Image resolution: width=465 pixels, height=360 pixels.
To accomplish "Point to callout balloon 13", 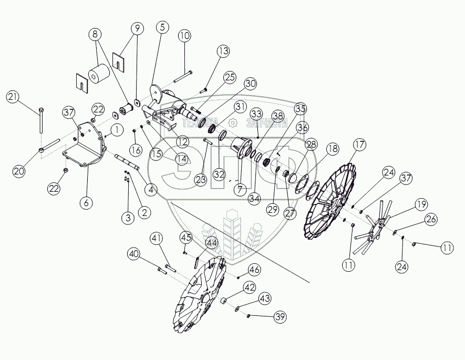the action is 223,52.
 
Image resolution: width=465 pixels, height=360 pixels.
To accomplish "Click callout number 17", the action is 359,145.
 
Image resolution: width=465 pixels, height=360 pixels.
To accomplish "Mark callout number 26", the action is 430,220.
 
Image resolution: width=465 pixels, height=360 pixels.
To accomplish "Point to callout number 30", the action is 250,84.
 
